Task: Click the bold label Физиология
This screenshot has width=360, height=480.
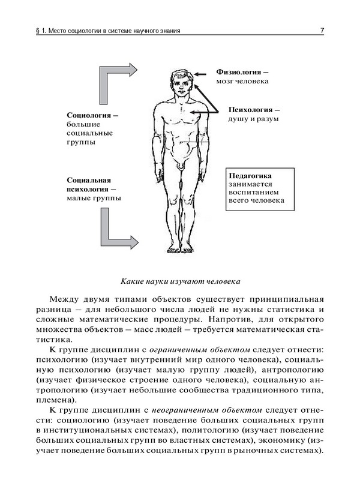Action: pos(238,71)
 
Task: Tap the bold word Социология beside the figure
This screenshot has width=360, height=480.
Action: pos(89,115)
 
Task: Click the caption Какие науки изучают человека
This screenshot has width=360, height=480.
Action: pos(180,280)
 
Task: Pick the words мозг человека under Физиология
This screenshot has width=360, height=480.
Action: pos(242,80)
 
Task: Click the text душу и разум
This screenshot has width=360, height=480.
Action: pos(254,119)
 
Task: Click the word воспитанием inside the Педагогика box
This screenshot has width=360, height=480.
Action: pos(251,193)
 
